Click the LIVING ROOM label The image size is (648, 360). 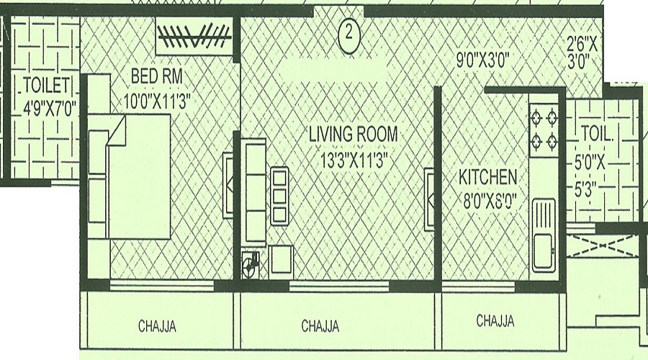(x=353, y=135)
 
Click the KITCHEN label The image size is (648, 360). (x=488, y=177)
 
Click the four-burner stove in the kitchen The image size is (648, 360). (x=545, y=130)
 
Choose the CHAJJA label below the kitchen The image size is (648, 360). (x=495, y=321)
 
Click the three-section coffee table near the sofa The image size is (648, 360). (x=279, y=196)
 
